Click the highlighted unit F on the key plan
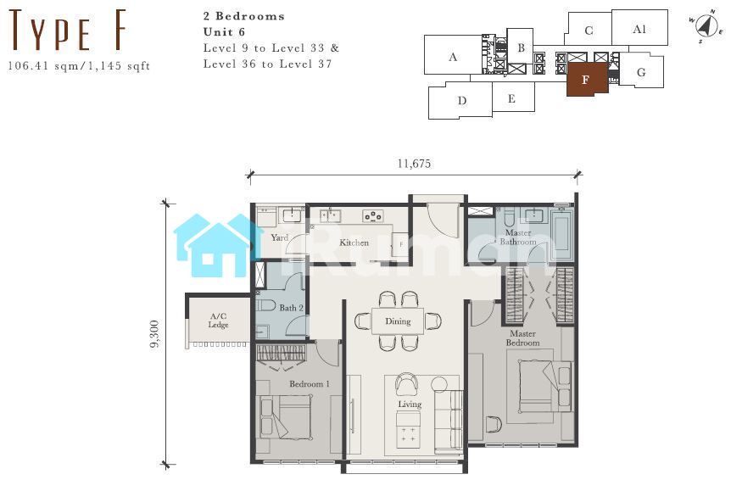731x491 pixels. [x=587, y=79]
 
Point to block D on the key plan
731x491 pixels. [x=460, y=101]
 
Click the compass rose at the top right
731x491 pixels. [x=706, y=26]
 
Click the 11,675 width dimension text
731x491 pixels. [x=414, y=164]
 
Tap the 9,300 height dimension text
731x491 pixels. [x=155, y=334]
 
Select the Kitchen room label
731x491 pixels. [x=354, y=243]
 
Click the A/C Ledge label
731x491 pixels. [x=218, y=321]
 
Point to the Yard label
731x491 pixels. [x=280, y=237]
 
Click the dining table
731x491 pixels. [x=398, y=321]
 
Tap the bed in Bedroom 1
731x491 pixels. [x=285, y=417]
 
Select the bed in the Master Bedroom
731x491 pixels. [x=545, y=387]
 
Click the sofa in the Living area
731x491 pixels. [x=449, y=421]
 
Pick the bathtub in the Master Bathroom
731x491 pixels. [x=561, y=233]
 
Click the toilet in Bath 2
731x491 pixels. [x=265, y=306]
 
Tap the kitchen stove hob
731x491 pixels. [x=373, y=216]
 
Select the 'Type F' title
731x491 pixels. [x=68, y=31]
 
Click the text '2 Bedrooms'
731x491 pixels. [x=244, y=16]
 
